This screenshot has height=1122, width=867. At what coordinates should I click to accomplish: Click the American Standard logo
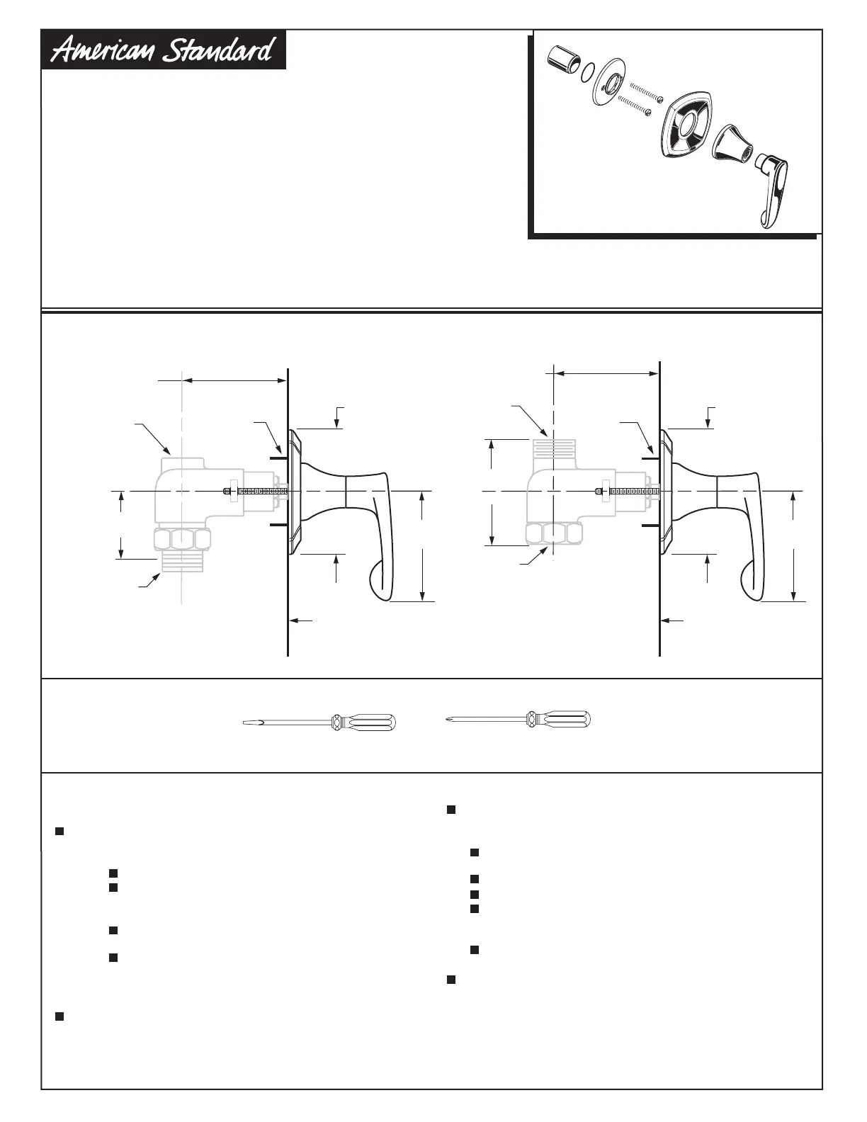pos(164,50)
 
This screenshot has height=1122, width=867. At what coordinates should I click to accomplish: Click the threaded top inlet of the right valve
pos(553,447)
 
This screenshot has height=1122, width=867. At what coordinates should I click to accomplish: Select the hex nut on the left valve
pos(182,540)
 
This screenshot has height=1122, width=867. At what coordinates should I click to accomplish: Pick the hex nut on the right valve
pos(553,534)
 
